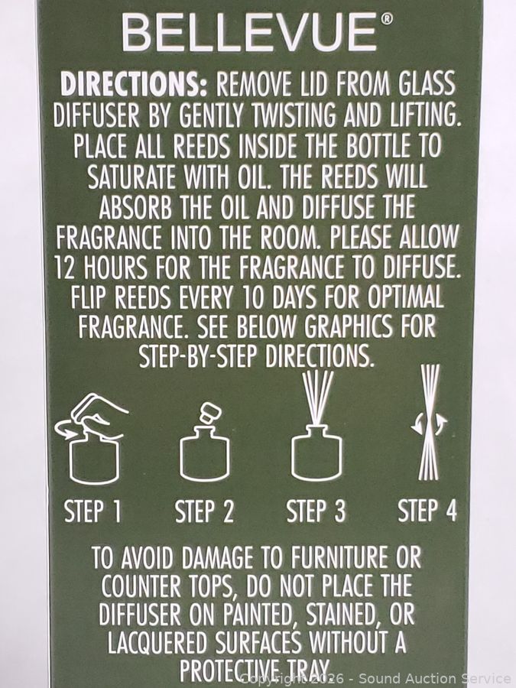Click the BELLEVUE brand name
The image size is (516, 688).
point(248,34)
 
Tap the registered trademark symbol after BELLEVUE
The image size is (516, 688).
point(386,18)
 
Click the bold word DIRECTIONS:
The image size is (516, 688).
point(133,83)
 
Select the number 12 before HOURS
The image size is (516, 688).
point(66,268)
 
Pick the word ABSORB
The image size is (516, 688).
point(135,206)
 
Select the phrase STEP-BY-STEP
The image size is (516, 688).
point(197,355)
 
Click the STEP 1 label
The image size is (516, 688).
point(92,511)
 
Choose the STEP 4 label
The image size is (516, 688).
point(427,511)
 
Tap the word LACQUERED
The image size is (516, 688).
point(157,643)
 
